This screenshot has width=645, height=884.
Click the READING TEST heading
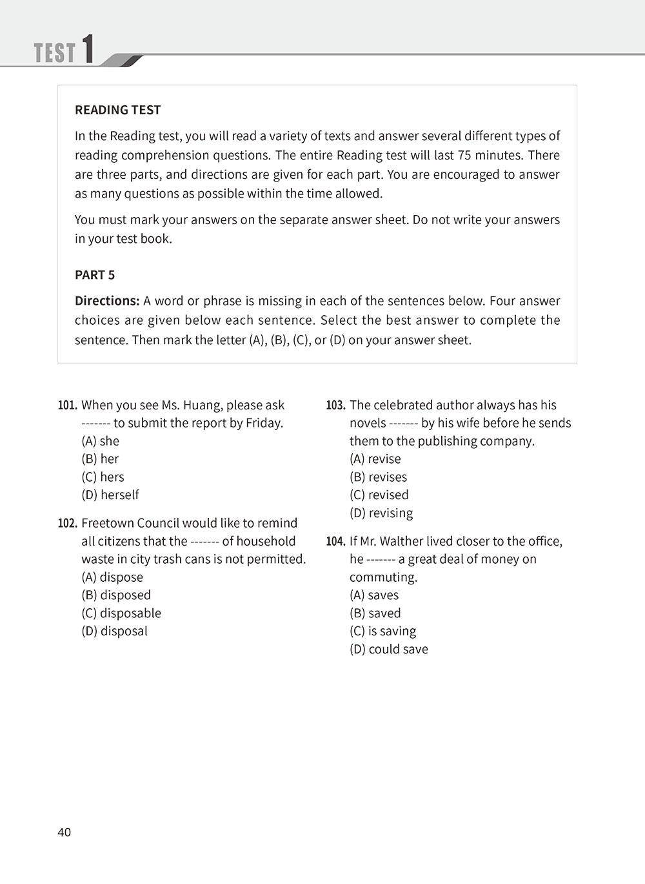(117, 110)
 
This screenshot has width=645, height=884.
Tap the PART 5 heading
(95, 275)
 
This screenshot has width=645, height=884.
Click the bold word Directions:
(107, 301)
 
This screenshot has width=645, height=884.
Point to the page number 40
(64, 832)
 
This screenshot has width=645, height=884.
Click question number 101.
(68, 406)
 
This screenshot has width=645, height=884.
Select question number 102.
(68, 524)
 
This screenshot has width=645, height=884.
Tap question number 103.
(335, 406)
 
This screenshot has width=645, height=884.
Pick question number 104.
(335, 542)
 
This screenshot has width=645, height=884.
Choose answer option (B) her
(100, 459)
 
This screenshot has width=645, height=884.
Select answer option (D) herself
(110, 495)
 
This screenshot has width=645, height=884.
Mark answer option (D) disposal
(114, 632)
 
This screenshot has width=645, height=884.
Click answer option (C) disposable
(121, 613)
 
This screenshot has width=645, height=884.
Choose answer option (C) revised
(379, 495)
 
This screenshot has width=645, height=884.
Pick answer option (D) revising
(381, 513)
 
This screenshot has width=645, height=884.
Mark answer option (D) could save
(388, 650)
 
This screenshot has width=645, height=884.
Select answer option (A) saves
(374, 595)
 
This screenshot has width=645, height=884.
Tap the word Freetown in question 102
(108, 524)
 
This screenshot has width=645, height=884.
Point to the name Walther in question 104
(406, 542)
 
